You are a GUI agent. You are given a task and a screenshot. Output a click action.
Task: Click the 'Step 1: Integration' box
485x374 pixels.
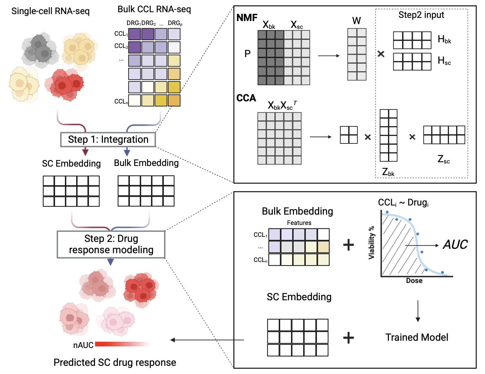click(108, 140)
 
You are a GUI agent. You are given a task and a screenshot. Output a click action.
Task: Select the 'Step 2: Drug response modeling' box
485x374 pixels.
click(111, 244)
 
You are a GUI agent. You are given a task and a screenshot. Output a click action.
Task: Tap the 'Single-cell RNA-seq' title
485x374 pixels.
click(51, 11)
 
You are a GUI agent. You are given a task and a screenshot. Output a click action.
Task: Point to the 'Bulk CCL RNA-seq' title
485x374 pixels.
click(154, 9)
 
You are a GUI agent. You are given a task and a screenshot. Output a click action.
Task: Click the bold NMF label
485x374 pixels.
click(247, 18)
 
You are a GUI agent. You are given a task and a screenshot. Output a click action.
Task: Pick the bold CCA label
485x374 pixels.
click(246, 98)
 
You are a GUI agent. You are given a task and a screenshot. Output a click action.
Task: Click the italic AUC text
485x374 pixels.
click(455, 245)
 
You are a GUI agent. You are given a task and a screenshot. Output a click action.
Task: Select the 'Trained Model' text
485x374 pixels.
click(417, 337)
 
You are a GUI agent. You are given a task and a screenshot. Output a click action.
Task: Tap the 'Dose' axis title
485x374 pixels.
click(414, 281)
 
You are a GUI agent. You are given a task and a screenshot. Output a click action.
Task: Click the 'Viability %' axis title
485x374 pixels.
click(372, 243)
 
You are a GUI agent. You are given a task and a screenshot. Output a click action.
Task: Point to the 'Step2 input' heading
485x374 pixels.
click(421, 15)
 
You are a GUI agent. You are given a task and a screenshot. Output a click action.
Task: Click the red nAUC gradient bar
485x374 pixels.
click(122, 344)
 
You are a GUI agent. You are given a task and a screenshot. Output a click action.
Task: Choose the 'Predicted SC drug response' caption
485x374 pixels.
click(115, 362)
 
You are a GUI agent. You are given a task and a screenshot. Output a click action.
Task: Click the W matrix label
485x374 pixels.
click(356, 21)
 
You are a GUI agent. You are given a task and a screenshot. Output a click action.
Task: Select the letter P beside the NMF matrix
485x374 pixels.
click(248, 54)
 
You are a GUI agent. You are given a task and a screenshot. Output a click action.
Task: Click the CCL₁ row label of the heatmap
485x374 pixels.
click(121, 34)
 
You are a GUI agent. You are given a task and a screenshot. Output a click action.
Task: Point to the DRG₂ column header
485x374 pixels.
click(148, 23)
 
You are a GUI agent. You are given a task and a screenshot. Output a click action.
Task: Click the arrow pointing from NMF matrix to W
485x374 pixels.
click(328, 56)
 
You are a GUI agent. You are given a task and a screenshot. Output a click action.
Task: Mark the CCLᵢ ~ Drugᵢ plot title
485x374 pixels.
click(403, 203)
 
